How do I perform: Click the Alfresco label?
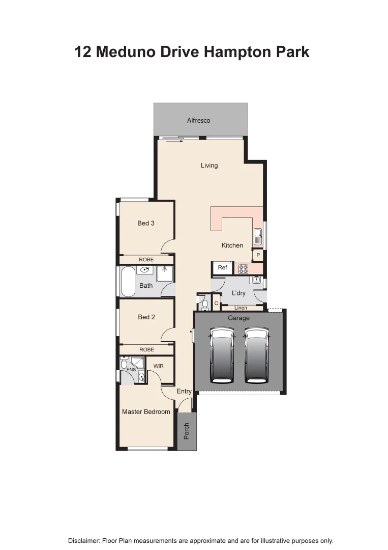[198, 121]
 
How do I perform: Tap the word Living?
[209, 166]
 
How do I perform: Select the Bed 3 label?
[146, 223]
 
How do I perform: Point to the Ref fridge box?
[222, 268]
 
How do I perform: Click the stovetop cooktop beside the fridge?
[244, 268]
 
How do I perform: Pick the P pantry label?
[258, 255]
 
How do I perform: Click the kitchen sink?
[258, 236]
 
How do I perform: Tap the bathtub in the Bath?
[127, 281]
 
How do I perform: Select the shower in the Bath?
[165, 274]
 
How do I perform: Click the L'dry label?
[238, 293]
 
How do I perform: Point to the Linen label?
[241, 308]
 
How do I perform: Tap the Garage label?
[238, 318]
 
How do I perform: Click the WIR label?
[159, 366]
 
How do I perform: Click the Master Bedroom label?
[146, 411]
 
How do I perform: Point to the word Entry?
[184, 392]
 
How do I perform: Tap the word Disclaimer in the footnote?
[84, 541]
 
